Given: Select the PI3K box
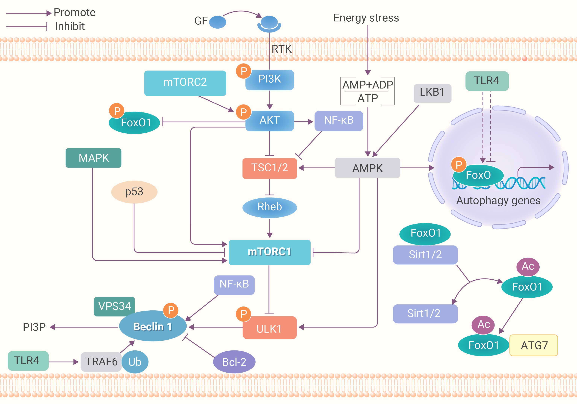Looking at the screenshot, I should tap(270, 80).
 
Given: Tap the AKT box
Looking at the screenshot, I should tap(270, 121).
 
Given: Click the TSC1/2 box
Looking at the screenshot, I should tap(269, 168).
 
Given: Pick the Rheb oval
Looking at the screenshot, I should tap(269, 207).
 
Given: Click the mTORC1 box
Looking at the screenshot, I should tap(269, 252).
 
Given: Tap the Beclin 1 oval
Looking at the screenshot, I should tap(153, 327).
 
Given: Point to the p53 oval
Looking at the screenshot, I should tap(134, 192).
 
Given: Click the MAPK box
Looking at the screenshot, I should tap(94, 158).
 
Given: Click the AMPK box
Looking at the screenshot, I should tap(367, 168).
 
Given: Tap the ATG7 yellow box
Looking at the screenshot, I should tap(534, 345).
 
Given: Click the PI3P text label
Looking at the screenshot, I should tap(34, 327).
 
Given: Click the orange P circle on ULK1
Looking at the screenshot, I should tap(243, 314).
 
